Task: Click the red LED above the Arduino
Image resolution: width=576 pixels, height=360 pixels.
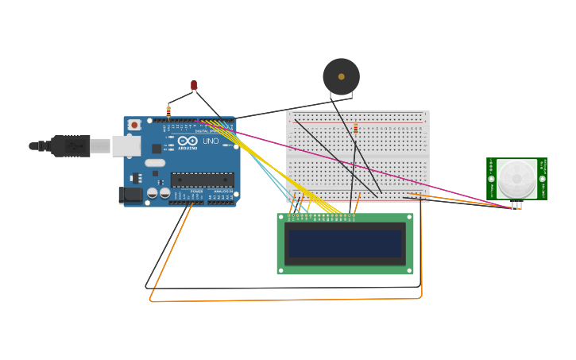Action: point(193,84)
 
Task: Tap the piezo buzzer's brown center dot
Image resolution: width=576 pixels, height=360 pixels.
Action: point(341,76)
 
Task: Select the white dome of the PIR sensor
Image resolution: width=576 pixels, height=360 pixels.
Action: point(516,178)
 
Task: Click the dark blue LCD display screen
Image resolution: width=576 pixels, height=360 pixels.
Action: point(345,243)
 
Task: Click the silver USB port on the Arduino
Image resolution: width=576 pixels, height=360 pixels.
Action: point(126,145)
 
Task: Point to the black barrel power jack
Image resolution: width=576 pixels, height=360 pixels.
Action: point(130,195)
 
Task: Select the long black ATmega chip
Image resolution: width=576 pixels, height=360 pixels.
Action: point(202,180)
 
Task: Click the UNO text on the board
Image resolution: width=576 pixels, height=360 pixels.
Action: point(211,141)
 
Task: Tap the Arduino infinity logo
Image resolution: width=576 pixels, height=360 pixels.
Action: point(187,141)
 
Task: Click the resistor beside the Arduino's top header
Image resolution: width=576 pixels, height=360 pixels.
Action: point(168,110)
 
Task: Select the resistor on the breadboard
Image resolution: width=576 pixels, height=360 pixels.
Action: point(355,128)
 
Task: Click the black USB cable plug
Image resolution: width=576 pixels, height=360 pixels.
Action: point(70,146)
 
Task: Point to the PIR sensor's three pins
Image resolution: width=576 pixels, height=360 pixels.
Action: point(516,205)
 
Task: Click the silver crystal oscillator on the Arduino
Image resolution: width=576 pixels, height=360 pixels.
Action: point(154,162)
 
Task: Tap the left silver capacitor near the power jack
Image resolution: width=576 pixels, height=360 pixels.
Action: point(152,192)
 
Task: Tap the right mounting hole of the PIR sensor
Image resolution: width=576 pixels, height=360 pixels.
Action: point(543,179)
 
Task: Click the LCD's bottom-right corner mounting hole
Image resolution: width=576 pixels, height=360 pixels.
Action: point(410,271)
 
